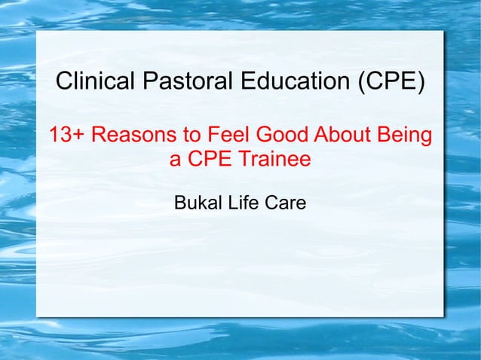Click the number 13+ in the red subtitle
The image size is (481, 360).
coord(66,136)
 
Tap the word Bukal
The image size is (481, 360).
coord(195,203)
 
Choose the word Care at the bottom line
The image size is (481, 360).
coord(285,203)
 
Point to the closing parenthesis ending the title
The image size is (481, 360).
coord(420,82)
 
